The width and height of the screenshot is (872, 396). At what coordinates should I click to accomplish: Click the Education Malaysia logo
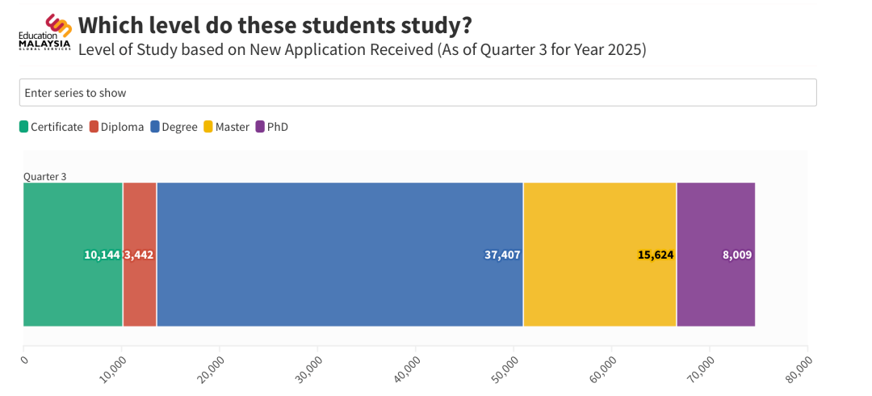[46, 32]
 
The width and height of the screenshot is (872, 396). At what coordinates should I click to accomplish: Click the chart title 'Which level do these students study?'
[275, 24]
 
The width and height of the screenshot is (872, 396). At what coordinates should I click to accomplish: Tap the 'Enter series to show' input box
[417, 92]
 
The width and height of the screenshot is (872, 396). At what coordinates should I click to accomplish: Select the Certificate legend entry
[51, 127]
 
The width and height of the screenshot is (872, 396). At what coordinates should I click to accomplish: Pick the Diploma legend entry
[117, 127]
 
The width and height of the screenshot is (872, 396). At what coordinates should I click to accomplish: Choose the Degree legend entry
[174, 127]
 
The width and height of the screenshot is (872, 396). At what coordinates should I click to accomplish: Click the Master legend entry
[226, 127]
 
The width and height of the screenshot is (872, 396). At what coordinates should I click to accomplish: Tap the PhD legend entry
[272, 127]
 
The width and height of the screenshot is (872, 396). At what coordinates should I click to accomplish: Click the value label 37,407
[502, 255]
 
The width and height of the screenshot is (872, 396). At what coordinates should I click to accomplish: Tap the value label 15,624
[656, 255]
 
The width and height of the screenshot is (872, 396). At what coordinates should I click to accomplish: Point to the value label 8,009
[737, 255]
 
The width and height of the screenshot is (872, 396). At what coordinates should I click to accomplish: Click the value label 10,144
[102, 255]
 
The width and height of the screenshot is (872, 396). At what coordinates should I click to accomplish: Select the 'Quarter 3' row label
[44, 176]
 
